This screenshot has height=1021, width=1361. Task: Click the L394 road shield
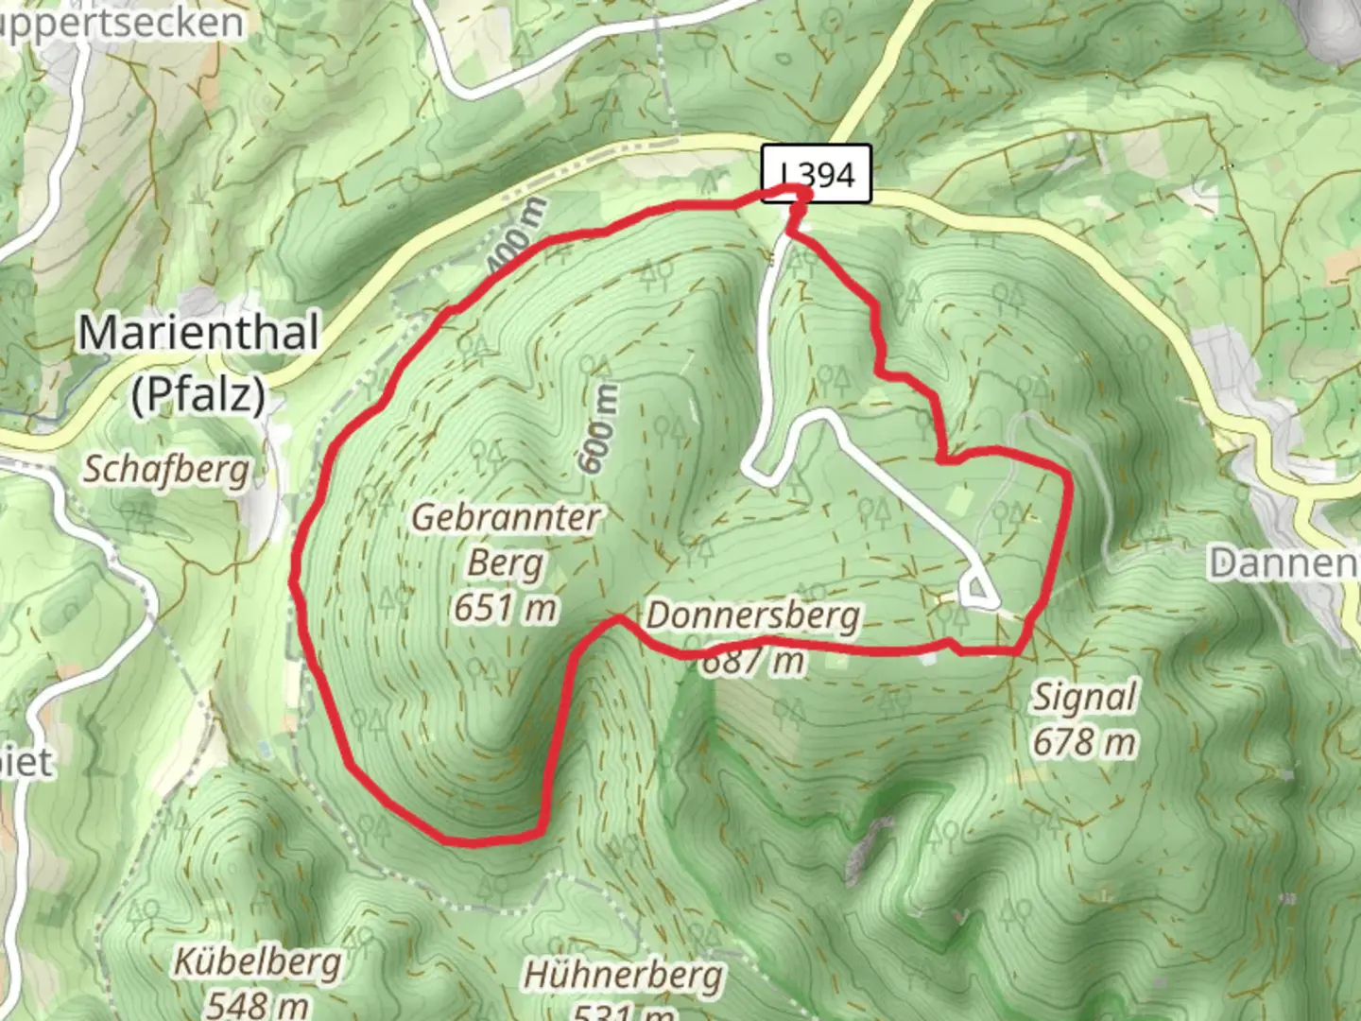pyautogui.click(x=818, y=175)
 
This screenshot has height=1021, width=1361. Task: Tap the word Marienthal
pyautogui.click(x=198, y=333)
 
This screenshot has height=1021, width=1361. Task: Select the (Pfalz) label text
pyautogui.click(x=198, y=393)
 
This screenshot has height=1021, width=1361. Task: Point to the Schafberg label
pyautogui.click(x=166, y=469)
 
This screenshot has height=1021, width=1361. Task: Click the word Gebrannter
pyautogui.click(x=507, y=517)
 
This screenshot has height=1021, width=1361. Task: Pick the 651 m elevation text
pyautogui.click(x=505, y=607)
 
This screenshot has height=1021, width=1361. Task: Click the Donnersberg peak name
pyautogui.click(x=753, y=615)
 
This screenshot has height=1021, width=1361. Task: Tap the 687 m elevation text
pyautogui.click(x=753, y=660)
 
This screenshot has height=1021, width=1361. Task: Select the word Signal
pyautogui.click(x=1083, y=698)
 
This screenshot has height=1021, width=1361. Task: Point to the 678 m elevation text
pyautogui.click(x=1083, y=742)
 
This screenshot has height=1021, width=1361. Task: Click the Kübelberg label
pyautogui.click(x=257, y=962)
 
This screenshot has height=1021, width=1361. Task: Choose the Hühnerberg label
pyautogui.click(x=623, y=974)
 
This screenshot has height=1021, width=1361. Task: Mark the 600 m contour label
pyautogui.click(x=598, y=427)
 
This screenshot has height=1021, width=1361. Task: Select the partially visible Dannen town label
pyautogui.click(x=1285, y=563)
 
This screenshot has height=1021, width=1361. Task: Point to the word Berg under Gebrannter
pyautogui.click(x=506, y=563)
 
